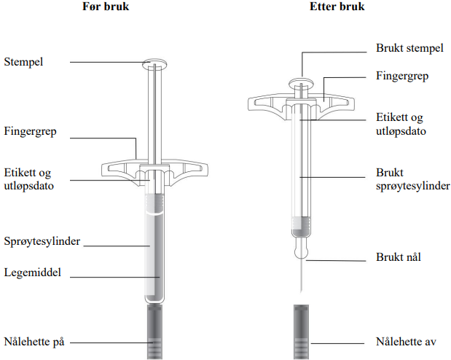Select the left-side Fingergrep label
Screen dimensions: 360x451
coord(31,133)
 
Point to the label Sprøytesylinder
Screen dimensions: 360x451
coord(42,240)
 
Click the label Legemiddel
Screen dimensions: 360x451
coord(33,272)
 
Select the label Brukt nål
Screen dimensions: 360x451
coord(399,257)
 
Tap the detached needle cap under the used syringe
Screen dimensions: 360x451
coord(299,332)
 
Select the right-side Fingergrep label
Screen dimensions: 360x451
coord(401,75)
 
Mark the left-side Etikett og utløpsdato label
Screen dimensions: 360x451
coord(30,180)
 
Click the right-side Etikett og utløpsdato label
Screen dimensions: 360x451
coord(399,124)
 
